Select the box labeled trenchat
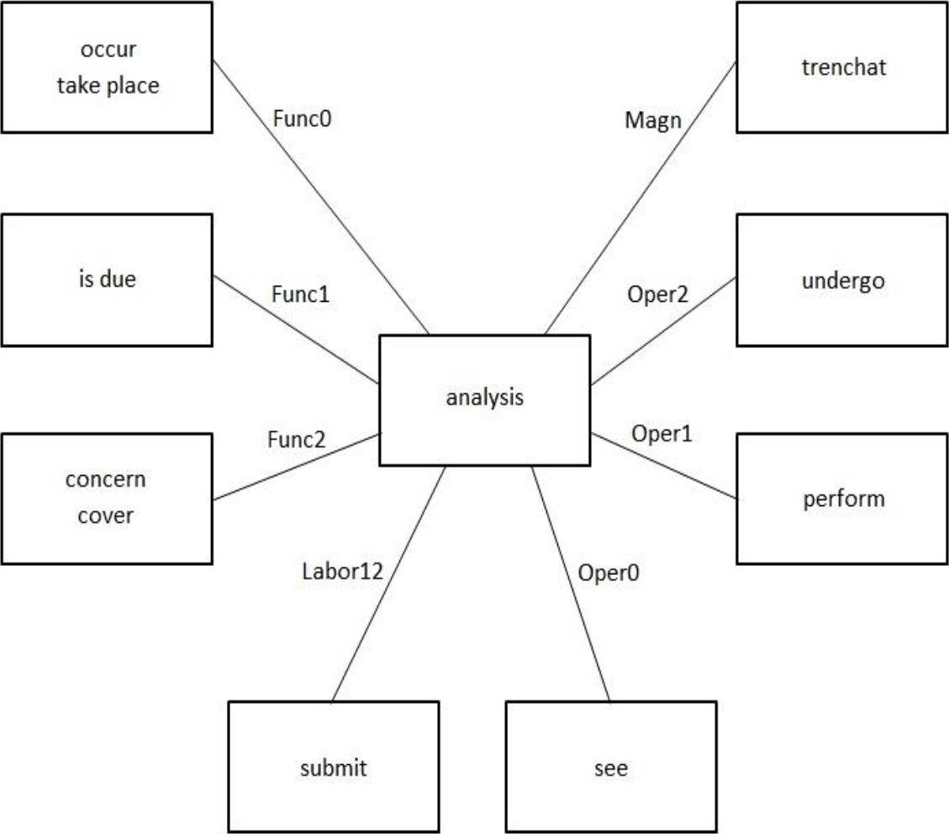[x=841, y=67]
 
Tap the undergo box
[x=841, y=280]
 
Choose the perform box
[x=841, y=499]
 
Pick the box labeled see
[x=611, y=768]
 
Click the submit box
[x=334, y=768]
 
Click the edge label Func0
[x=303, y=119]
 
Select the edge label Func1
[x=301, y=294]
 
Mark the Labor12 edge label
[x=342, y=573]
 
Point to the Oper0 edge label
[x=609, y=573]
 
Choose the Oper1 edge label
[x=662, y=435]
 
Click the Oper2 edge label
[x=658, y=297]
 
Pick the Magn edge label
[x=652, y=120]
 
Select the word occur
[x=108, y=50]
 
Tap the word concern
[x=106, y=479]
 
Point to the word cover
[x=106, y=515]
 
